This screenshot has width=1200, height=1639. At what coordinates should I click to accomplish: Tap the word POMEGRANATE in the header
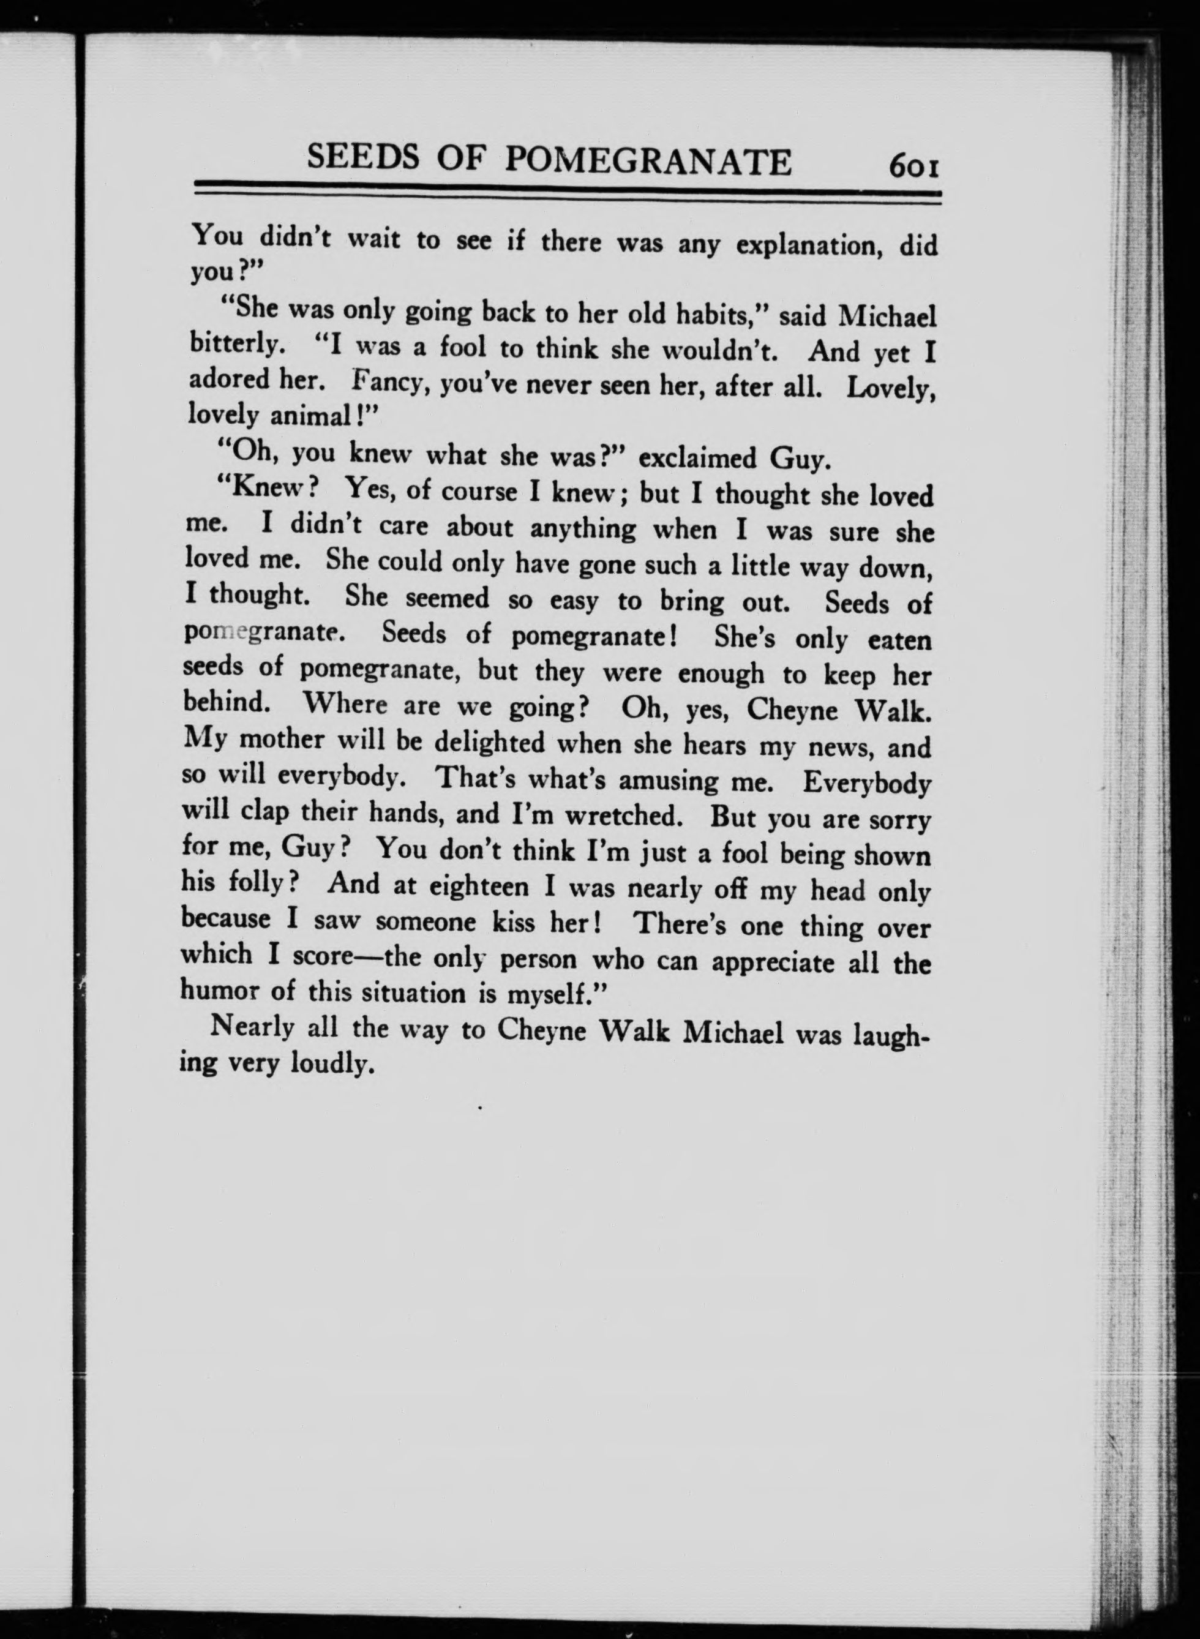(x=647, y=160)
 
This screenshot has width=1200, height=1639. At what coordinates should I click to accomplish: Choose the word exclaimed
(x=698, y=457)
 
